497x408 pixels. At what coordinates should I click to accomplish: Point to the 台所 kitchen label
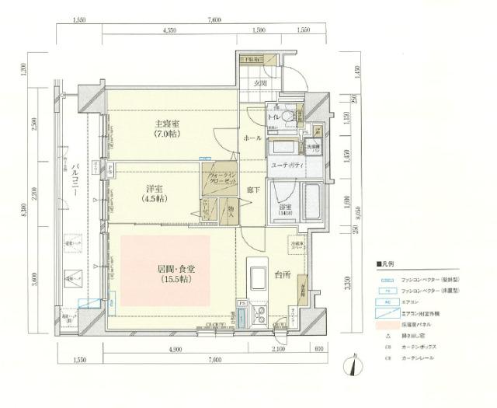pyautogui.click(x=281, y=274)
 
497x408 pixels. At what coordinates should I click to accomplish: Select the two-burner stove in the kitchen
pyautogui.click(x=259, y=317)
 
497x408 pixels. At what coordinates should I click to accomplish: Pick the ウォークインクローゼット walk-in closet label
pyautogui.click(x=217, y=182)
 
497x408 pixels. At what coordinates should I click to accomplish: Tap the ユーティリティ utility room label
pyautogui.click(x=287, y=166)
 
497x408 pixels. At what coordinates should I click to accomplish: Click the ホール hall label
pyautogui.click(x=252, y=137)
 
